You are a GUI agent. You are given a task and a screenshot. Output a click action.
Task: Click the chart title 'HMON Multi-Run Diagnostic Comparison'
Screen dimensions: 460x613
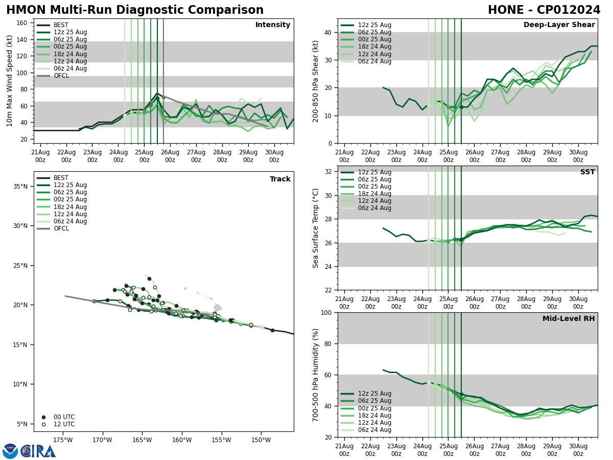[x=135, y=10]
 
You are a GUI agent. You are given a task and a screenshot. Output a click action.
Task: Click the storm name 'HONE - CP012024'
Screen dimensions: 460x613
[x=544, y=10]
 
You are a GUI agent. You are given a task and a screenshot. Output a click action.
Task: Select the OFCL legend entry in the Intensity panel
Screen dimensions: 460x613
[x=61, y=76]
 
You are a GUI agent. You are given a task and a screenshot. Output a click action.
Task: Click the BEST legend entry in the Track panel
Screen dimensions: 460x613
[x=61, y=178]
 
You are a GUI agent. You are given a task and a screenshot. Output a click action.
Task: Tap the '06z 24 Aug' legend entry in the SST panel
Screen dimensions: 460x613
[x=374, y=208]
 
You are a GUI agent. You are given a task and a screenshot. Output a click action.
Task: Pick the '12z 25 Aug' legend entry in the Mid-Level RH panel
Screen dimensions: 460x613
[x=374, y=394]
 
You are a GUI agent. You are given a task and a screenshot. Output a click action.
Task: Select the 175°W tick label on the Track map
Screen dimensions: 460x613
[x=62, y=440]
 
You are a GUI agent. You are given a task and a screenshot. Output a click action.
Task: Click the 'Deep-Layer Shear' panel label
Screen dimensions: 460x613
[x=559, y=25]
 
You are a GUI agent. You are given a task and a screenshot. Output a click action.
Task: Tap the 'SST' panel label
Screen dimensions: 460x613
[x=587, y=172]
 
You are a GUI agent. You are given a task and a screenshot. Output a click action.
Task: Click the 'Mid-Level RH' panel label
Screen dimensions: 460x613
[x=569, y=319]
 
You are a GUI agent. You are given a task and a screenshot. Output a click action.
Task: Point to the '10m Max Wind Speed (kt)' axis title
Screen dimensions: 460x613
[x=10, y=81]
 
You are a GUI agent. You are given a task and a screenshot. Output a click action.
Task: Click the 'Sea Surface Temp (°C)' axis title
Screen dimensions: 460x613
[x=316, y=228]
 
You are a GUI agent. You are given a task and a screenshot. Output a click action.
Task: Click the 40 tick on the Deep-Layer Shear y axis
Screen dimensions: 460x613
[x=328, y=32]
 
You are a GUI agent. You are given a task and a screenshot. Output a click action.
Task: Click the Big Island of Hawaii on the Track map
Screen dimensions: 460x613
[x=218, y=307]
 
